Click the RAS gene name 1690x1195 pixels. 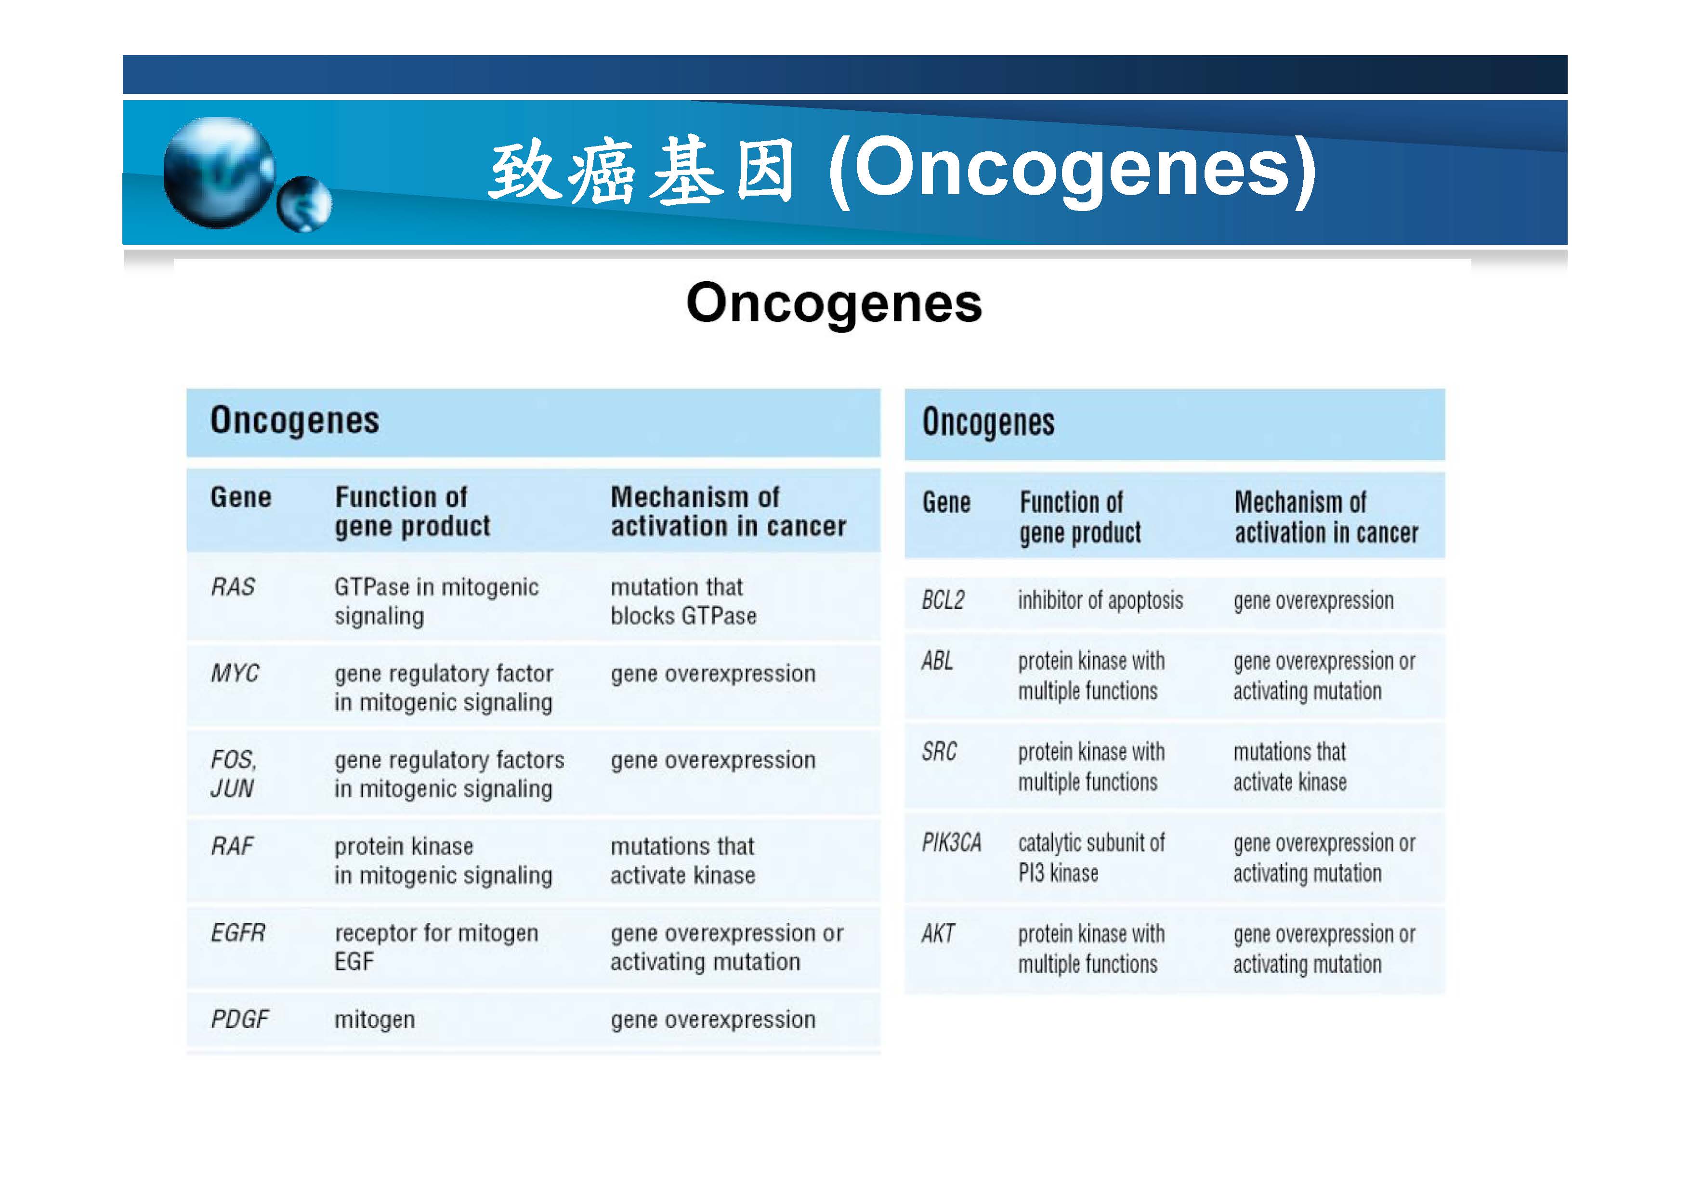click(x=233, y=587)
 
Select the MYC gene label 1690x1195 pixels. click(x=235, y=673)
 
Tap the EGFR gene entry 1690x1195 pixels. click(x=238, y=933)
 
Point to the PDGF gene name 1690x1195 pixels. click(x=240, y=1019)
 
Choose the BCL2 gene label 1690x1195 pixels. click(x=943, y=600)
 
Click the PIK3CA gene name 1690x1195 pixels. click(x=952, y=842)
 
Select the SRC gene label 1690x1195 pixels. click(x=939, y=752)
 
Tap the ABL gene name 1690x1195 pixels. click(x=938, y=661)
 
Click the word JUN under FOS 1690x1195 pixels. click(x=232, y=789)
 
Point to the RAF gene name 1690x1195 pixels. click(x=232, y=846)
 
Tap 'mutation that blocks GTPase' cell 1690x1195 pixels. click(x=683, y=601)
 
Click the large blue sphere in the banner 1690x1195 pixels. click(x=219, y=173)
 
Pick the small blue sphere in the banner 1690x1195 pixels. click(x=304, y=204)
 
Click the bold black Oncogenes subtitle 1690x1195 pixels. click(x=835, y=304)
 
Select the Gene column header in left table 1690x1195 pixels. click(x=241, y=497)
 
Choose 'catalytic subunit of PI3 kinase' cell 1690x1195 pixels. click(x=1091, y=858)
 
